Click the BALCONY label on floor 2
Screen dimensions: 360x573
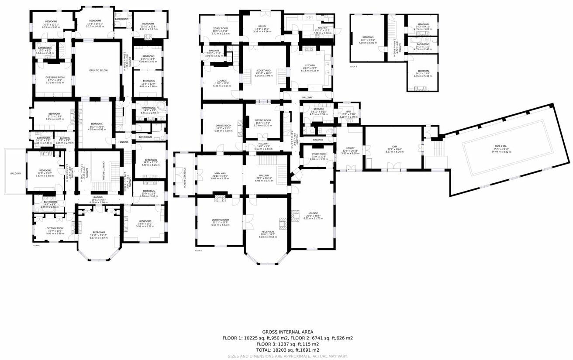pos(16,173)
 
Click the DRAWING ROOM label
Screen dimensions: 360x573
pos(220,220)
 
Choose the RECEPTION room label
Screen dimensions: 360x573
pos(268,232)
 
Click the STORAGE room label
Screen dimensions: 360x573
pos(318,109)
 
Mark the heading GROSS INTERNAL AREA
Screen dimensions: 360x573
pos(287,332)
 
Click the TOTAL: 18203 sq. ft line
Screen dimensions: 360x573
pos(287,350)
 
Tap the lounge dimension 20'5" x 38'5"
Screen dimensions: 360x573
pos(312,216)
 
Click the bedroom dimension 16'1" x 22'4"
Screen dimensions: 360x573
pos(368,40)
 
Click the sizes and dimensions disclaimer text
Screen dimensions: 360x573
pos(287,356)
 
